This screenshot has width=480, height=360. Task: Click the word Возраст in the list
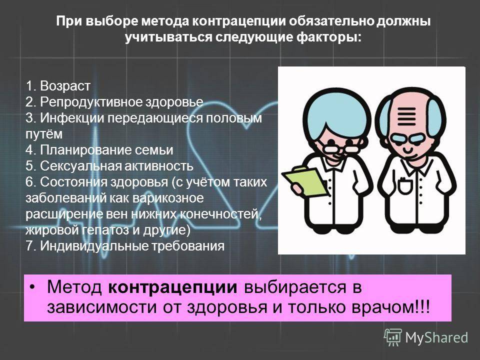coord(65,86)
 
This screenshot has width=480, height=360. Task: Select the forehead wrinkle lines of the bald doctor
coord(406,116)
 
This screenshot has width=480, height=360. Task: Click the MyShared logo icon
coord(393,337)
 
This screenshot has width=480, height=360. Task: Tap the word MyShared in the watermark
coord(436,337)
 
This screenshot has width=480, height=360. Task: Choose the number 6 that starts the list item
coord(29,182)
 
